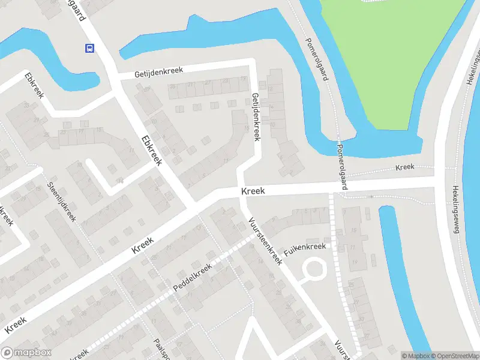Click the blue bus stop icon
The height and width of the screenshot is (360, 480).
[89, 48]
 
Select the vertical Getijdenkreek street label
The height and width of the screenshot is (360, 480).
[256, 116]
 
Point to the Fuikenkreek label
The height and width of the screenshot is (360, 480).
[305, 248]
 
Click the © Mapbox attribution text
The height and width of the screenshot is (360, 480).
[415, 356]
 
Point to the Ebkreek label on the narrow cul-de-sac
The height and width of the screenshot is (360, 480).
[34, 85]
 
